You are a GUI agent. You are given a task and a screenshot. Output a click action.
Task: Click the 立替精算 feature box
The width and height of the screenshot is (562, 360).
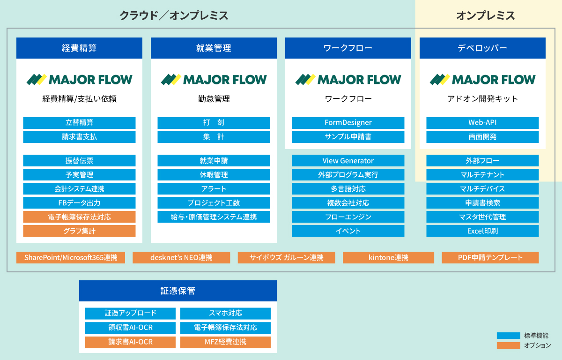pyautogui.click(x=79, y=123)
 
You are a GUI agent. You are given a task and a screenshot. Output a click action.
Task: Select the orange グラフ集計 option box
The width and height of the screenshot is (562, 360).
pyautogui.click(x=79, y=231)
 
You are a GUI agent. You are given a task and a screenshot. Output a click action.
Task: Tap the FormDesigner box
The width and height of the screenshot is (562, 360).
pyautogui.click(x=348, y=123)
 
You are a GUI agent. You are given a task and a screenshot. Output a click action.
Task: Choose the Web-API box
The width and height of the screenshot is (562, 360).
pyautogui.click(x=482, y=123)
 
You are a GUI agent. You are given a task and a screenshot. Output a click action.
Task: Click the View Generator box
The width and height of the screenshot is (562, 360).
pyautogui.click(x=348, y=160)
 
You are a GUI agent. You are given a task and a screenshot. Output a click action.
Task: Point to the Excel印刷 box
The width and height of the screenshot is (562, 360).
pyautogui.click(x=482, y=231)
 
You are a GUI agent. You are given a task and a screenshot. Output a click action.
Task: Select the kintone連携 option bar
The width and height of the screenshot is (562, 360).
pyautogui.click(x=388, y=257)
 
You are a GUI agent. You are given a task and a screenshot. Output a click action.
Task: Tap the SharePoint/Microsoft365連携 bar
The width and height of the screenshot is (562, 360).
pyautogui.click(x=71, y=257)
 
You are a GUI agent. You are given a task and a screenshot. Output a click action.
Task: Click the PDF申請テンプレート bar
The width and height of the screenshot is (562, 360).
pyautogui.click(x=490, y=257)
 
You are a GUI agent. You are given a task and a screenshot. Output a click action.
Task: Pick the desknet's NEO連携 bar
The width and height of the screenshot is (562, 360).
pyautogui.click(x=181, y=257)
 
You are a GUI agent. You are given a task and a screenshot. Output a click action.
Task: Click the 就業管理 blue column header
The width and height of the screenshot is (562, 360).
pyautogui.click(x=214, y=48)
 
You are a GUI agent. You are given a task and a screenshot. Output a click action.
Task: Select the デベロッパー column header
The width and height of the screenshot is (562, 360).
pyautogui.click(x=482, y=48)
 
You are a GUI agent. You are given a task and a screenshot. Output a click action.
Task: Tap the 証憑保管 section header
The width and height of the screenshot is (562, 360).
pyautogui.click(x=178, y=291)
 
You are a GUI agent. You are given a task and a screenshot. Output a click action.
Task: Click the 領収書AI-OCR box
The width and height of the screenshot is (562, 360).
pyautogui.click(x=131, y=328)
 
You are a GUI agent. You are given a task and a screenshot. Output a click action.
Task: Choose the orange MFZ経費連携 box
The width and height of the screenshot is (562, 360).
pyautogui.click(x=225, y=342)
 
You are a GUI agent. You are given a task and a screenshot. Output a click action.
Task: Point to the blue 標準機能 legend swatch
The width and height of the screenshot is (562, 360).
pyautogui.click(x=508, y=336)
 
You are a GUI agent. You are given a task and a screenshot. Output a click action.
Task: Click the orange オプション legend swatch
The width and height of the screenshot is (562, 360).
pyautogui.click(x=508, y=345)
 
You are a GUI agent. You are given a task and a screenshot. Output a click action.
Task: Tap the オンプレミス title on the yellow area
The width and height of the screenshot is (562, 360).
pyautogui.click(x=486, y=15)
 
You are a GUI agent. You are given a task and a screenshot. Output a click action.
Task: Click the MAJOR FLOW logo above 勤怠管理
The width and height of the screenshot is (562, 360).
pyautogui.click(x=214, y=80)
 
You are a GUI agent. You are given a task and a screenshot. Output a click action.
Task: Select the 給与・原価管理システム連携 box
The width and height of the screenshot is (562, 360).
pyautogui.click(x=214, y=217)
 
